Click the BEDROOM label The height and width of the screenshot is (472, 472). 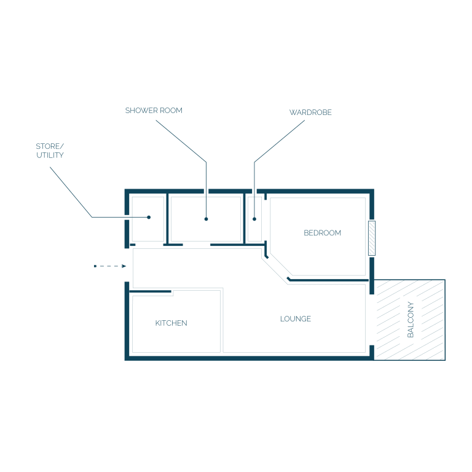322,233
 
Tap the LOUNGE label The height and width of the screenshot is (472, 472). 295,319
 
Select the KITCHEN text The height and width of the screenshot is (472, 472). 171,323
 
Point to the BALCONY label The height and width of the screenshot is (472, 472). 411,320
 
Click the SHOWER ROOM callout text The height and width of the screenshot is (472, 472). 154,111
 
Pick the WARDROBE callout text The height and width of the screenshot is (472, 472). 310,112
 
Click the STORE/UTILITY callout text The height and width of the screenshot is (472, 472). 50,151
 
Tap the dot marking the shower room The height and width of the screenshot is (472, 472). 206,219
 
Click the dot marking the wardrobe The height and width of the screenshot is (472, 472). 254,219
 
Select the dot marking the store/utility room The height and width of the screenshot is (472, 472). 149,217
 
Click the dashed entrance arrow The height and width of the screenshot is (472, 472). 110,266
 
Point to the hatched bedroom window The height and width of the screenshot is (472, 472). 372,238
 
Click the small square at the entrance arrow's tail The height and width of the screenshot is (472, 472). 95,266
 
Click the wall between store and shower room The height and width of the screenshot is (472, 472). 167,219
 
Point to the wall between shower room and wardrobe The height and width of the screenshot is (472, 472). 245,219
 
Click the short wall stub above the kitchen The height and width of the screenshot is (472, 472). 150,291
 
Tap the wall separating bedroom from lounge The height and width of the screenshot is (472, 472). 328,280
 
